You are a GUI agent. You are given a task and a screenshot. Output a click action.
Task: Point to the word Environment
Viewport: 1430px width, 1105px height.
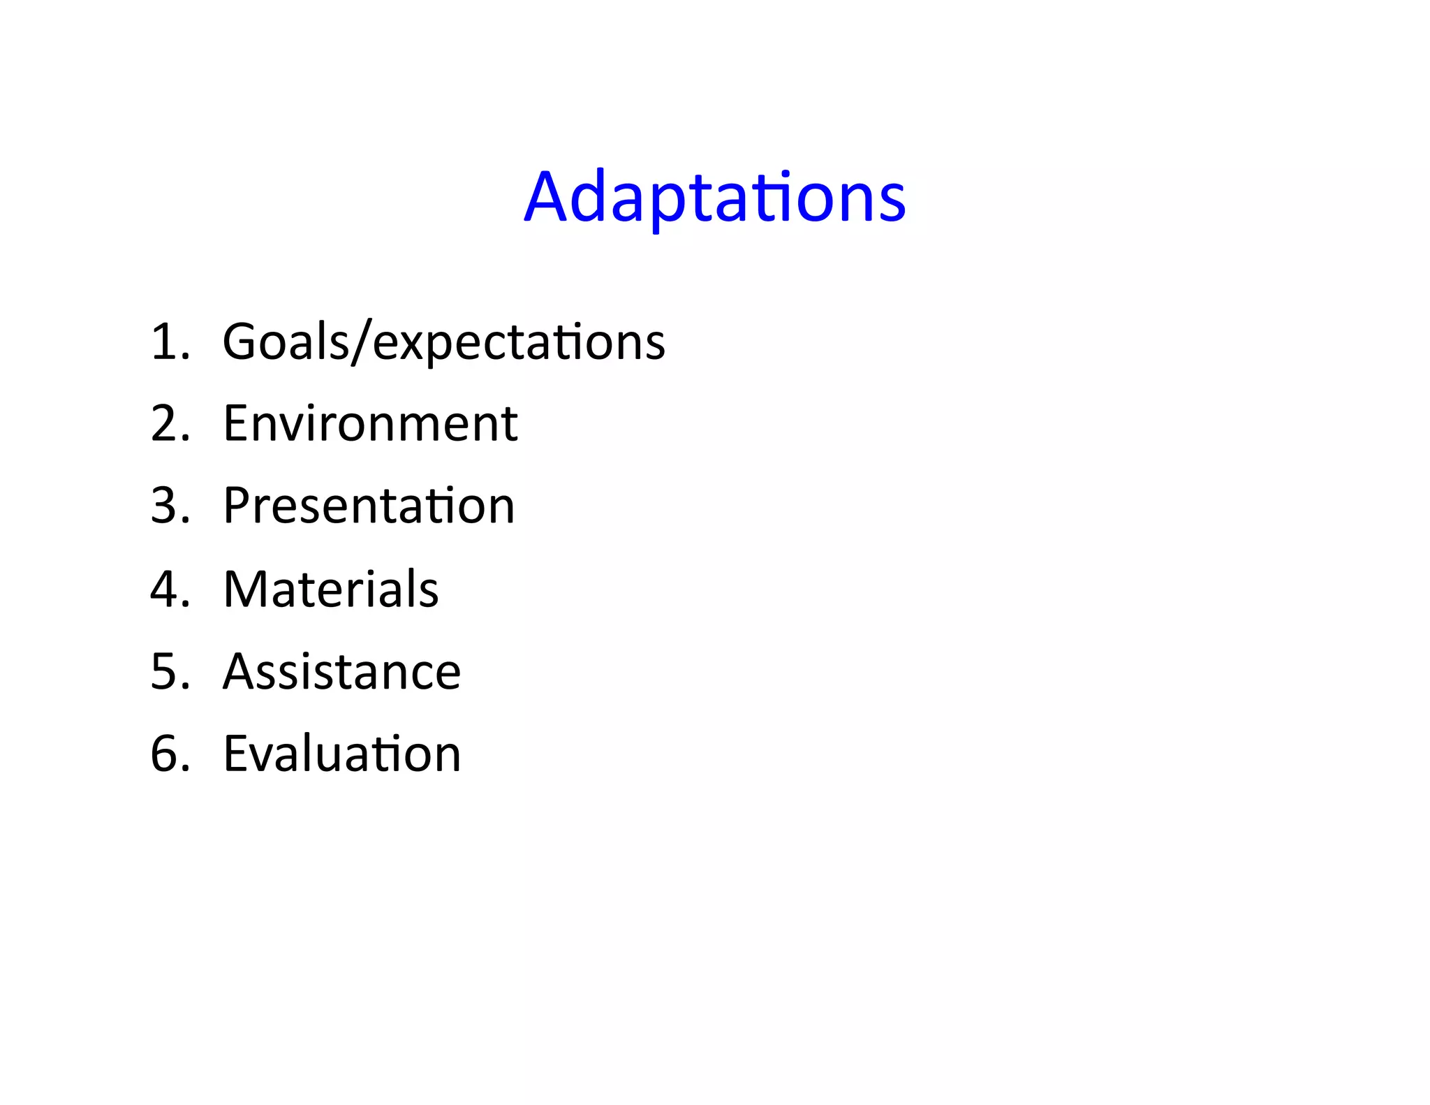click(370, 424)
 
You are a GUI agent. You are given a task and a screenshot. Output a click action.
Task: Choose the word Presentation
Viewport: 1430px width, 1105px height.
click(369, 506)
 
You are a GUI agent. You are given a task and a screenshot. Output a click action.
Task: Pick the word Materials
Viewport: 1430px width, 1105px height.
click(331, 590)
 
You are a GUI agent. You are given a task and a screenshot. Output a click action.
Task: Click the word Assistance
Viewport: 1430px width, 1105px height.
click(341, 672)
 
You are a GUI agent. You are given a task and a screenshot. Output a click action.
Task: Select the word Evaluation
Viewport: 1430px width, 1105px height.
click(341, 754)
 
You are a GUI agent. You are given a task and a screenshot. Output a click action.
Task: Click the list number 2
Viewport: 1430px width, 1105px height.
click(166, 424)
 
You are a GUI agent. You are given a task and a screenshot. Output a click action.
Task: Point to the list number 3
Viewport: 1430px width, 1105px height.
click(166, 506)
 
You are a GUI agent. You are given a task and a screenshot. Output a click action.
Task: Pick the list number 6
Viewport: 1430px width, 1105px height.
click(166, 754)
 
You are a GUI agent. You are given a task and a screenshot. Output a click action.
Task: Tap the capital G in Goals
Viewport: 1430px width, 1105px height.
click(241, 342)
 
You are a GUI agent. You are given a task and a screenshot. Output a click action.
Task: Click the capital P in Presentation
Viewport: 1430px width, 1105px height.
click(237, 506)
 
